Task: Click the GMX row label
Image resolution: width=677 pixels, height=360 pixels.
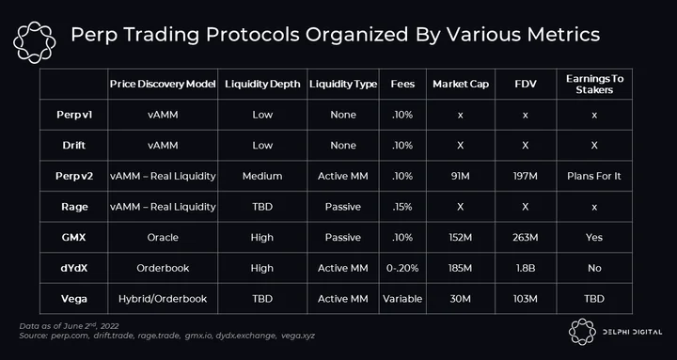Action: (x=73, y=238)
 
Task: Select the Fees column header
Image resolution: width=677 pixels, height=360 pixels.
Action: (x=402, y=84)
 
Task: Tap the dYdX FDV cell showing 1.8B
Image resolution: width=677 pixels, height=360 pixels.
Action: (x=526, y=268)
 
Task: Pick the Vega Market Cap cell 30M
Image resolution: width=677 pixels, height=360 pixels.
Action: (x=460, y=299)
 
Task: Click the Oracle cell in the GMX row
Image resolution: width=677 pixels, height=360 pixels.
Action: (x=163, y=238)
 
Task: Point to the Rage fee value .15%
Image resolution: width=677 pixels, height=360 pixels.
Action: (x=402, y=207)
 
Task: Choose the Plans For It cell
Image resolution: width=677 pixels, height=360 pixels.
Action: (x=594, y=176)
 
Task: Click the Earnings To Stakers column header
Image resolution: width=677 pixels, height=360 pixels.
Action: (x=594, y=85)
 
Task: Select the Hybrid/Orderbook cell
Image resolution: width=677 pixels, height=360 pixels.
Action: (x=163, y=299)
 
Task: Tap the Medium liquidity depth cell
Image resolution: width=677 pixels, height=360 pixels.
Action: (x=262, y=176)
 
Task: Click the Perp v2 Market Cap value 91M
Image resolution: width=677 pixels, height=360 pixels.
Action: (x=460, y=176)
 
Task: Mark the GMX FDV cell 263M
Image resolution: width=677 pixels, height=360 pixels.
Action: (x=526, y=238)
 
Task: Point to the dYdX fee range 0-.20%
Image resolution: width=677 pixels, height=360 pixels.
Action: (x=402, y=268)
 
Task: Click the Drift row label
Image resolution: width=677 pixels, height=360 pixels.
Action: (x=74, y=146)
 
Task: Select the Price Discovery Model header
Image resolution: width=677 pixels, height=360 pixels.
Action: (x=163, y=84)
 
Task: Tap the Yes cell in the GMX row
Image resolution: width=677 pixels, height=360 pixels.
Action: (x=594, y=238)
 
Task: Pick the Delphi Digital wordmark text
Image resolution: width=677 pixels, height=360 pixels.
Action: (x=632, y=332)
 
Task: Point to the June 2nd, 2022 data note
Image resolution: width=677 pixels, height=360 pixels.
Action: (x=69, y=326)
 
